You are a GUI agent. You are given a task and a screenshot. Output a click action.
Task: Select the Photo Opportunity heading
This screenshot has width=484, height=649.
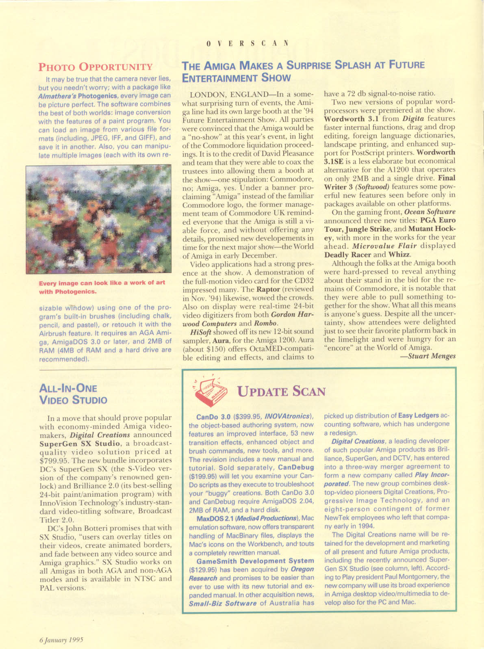[x=95, y=67]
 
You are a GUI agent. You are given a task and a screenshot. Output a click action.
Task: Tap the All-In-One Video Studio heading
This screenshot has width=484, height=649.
[x=73, y=394]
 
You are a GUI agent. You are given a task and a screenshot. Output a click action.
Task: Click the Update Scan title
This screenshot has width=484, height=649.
[x=281, y=392]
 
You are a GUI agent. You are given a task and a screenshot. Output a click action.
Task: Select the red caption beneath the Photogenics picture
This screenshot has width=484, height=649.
[x=102, y=287]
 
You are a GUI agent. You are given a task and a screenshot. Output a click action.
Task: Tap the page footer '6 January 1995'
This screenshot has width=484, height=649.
[x=61, y=639]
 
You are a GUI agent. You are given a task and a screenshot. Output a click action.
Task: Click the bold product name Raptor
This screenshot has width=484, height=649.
[x=269, y=289]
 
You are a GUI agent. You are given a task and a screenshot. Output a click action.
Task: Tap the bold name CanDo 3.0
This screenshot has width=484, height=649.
[x=213, y=417]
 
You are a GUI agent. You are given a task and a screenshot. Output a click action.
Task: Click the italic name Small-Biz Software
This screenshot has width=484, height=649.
[x=223, y=603]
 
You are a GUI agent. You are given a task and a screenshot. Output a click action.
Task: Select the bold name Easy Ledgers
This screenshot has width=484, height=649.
[x=419, y=415]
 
